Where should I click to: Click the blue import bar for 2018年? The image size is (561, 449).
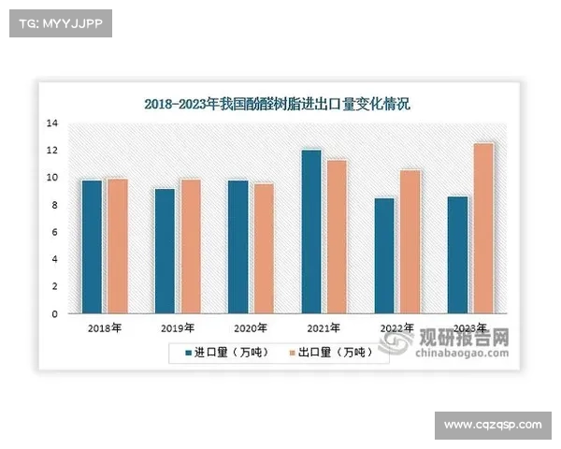pyautogui.click(x=92, y=246)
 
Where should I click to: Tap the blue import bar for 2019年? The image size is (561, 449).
pyautogui.click(x=165, y=251)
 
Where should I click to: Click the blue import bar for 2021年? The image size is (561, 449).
pyautogui.click(x=310, y=231)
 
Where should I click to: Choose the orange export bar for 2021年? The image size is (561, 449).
pyautogui.click(x=336, y=237)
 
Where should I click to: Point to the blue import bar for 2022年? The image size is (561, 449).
pyautogui.click(x=383, y=255)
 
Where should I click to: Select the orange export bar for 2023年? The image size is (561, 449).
pyautogui.click(x=482, y=228)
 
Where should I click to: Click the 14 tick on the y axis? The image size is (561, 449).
pyautogui.click(x=52, y=123)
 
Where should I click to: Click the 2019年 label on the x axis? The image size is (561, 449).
pyautogui.click(x=177, y=328)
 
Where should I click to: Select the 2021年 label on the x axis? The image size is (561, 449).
pyautogui.click(x=324, y=328)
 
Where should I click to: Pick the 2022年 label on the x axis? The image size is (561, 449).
pyautogui.click(x=396, y=328)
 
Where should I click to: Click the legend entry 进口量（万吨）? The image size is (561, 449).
pyautogui.click(x=220, y=353)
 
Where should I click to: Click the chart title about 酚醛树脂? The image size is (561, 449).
pyautogui.click(x=278, y=104)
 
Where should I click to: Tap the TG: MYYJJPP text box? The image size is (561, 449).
pyautogui.click(x=60, y=23)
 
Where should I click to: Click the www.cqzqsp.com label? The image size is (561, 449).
pyautogui.click(x=493, y=426)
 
